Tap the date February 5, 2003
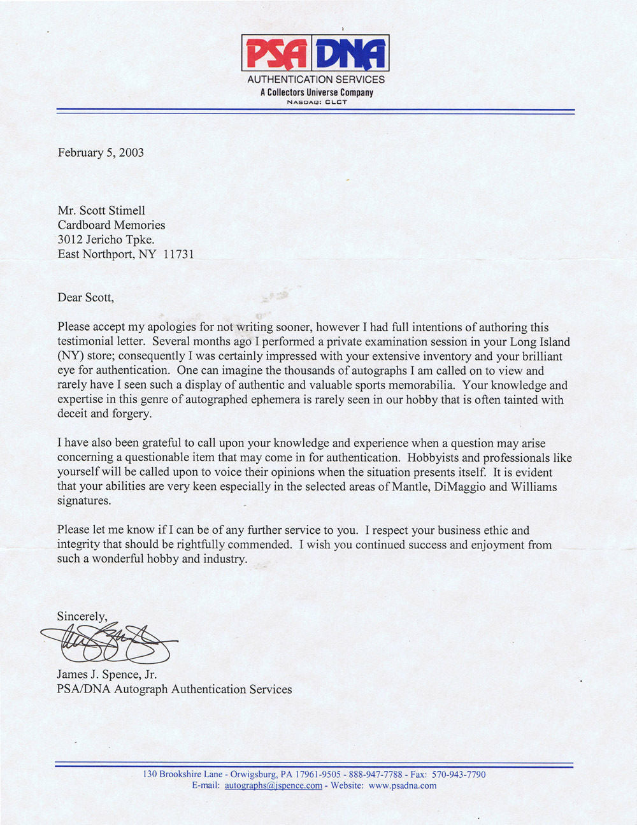pyautogui.click(x=101, y=152)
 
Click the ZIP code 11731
pyautogui.click(x=178, y=254)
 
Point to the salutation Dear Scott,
pyautogui.click(x=85, y=297)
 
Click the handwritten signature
pyautogui.click(x=108, y=643)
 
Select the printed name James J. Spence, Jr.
pyautogui.click(x=106, y=674)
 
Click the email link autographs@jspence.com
pyautogui.click(x=273, y=786)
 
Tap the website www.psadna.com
pyautogui.click(x=403, y=786)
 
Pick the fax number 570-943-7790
pyautogui.click(x=459, y=775)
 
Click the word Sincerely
pyautogui.click(x=82, y=616)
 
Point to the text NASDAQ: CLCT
pyautogui.click(x=317, y=102)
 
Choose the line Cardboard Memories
pyautogui.click(x=111, y=225)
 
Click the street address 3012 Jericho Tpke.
pyautogui.click(x=106, y=240)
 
